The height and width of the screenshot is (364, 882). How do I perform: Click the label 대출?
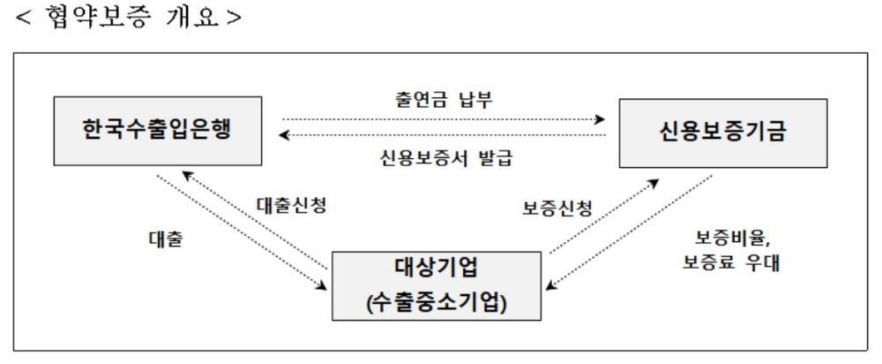(165, 239)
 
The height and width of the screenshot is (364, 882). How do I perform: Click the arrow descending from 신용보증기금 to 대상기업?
(631, 231)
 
